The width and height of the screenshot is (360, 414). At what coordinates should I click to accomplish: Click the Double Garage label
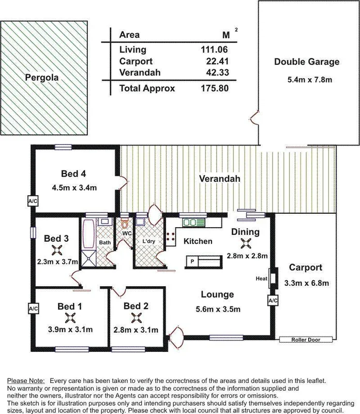307,63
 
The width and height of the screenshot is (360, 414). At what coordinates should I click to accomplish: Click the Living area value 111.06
214,50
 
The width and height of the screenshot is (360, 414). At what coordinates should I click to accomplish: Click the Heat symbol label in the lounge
261,278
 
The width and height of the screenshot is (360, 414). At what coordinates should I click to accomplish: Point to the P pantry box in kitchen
192,262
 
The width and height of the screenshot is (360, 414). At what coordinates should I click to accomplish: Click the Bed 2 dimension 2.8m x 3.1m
136,330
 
